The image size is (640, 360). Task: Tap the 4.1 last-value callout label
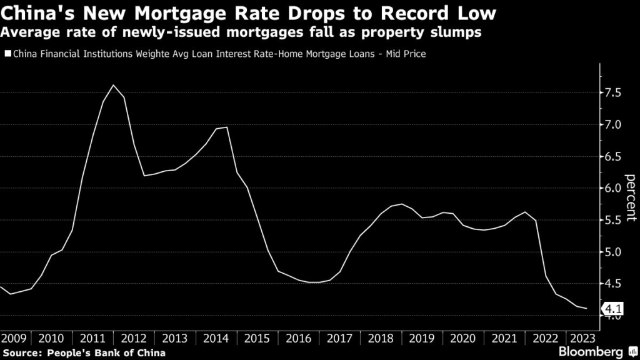tap(612, 308)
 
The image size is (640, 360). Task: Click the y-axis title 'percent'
tap(631, 197)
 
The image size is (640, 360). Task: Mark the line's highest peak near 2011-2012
tap(113, 85)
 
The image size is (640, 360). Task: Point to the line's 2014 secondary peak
tap(226, 127)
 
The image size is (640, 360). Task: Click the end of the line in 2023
tap(586, 308)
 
